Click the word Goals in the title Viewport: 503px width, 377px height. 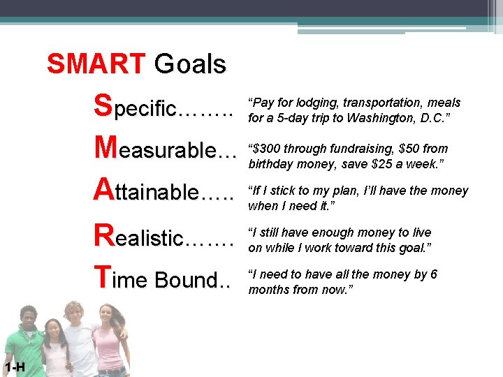(x=190, y=64)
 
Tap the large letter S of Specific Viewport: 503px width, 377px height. (x=103, y=106)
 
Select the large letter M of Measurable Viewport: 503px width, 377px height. (x=106, y=147)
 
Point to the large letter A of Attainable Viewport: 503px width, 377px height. (x=103, y=188)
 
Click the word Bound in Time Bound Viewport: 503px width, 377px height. (x=187, y=280)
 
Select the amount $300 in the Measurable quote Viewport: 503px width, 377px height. (x=268, y=149)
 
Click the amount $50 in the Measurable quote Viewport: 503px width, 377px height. (x=411, y=149)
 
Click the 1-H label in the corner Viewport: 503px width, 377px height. (x=14, y=368)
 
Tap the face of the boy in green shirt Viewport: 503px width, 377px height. (x=29, y=318)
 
